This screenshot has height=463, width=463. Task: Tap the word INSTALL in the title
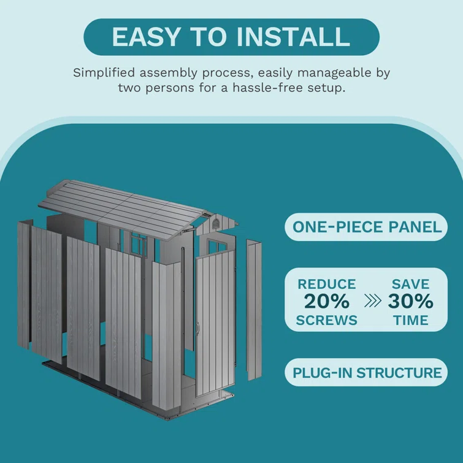click(294, 37)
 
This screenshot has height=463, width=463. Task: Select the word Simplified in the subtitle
click(104, 73)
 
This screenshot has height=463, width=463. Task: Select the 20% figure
click(327, 302)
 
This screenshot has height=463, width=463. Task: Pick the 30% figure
click(410, 302)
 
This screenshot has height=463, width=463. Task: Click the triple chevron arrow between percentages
click(373, 301)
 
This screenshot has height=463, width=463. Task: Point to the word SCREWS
click(327, 320)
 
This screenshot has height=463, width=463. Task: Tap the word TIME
click(411, 320)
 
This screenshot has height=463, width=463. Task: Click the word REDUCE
click(327, 284)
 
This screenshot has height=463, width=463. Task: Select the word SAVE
click(410, 284)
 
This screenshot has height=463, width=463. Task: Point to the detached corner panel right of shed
click(254, 310)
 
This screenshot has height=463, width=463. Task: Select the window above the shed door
click(217, 246)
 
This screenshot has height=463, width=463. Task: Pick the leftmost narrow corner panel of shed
click(25, 284)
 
